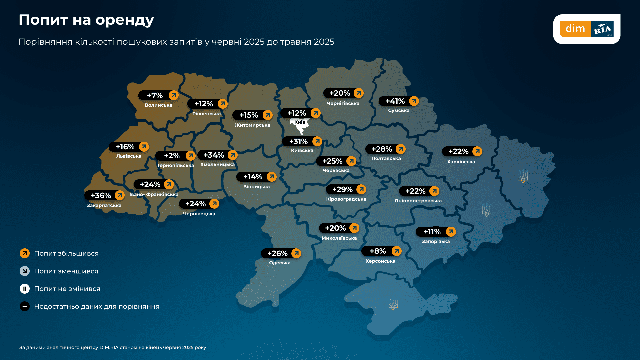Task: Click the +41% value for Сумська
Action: click(x=395, y=101)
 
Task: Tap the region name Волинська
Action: click(x=158, y=105)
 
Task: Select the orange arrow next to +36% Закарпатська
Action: click(x=120, y=195)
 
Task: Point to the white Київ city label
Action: click(x=300, y=122)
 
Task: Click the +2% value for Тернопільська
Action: click(x=172, y=156)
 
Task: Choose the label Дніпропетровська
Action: click(x=418, y=201)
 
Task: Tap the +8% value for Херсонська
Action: click(x=378, y=251)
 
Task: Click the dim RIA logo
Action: click(x=587, y=29)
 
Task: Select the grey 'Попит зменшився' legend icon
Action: click(x=25, y=271)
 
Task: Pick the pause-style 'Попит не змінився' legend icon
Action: click(x=25, y=289)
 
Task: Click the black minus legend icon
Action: click(x=25, y=306)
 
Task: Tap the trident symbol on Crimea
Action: click(x=393, y=304)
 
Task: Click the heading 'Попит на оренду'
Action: click(x=86, y=20)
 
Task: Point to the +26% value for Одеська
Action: click(x=277, y=254)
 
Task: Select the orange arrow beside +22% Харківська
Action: click(x=477, y=151)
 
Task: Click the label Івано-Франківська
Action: click(x=154, y=194)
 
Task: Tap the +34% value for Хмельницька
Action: click(x=214, y=155)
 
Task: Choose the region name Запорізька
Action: click(x=436, y=241)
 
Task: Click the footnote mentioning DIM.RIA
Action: click(x=113, y=347)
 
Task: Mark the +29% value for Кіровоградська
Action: click(x=342, y=190)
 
